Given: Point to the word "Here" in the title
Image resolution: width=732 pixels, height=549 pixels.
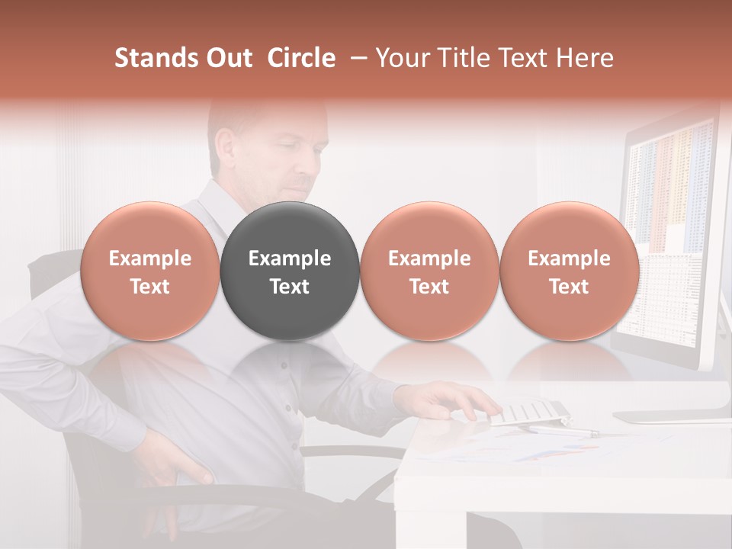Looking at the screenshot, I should (x=586, y=58).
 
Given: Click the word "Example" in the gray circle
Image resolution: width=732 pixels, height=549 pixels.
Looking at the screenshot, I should (x=290, y=258).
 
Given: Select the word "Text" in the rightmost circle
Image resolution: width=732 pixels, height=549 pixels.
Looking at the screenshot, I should (x=569, y=287).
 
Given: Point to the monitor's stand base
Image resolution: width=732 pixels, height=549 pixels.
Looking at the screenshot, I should (x=671, y=416).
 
